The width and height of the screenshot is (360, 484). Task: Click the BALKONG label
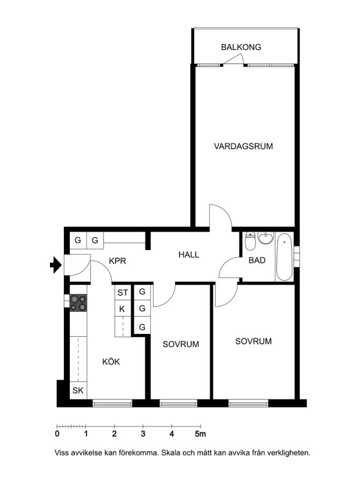coord(241,47)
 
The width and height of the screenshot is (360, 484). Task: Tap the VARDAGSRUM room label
coord(243,146)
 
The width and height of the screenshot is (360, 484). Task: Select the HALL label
coord(189,255)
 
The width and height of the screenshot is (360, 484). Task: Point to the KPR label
coord(118,261)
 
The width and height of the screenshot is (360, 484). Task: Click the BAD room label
coord(257,260)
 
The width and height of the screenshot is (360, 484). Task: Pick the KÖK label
coord(111,361)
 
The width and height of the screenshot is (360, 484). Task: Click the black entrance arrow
coord(56,265)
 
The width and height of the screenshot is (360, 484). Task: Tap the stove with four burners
coord(78,303)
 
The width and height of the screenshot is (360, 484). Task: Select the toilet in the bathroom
coord(250,241)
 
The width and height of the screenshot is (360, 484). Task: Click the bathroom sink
coord(265,238)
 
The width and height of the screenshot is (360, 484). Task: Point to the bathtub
coord(284,257)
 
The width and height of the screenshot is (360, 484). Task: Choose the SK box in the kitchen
coord(78,390)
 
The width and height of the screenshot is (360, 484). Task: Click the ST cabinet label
coord(123,293)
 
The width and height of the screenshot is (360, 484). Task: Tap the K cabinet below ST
coord(122,309)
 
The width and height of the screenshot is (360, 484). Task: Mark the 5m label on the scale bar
coord(200,433)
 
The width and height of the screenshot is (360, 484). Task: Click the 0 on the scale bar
coord(57,433)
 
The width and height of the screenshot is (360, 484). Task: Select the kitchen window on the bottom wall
coord(112,403)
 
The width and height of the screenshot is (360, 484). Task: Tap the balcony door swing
coord(234,60)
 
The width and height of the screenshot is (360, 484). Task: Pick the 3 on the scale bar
coord(143,433)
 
